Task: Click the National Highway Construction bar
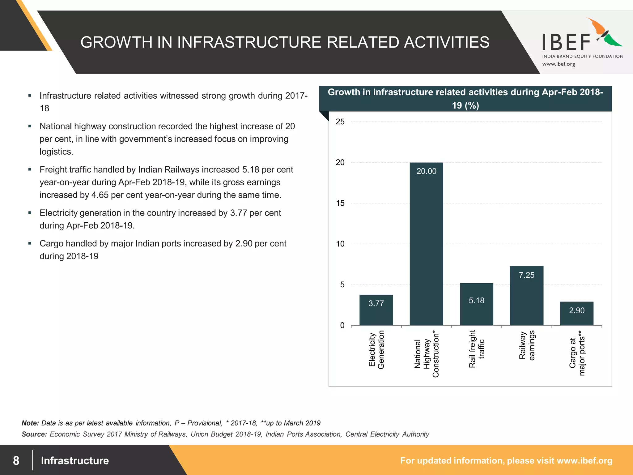pyautogui.click(x=426, y=244)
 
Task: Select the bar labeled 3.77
pyautogui.click(x=376, y=310)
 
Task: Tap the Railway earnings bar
pyautogui.click(x=526, y=296)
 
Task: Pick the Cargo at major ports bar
pyautogui.click(x=576, y=313)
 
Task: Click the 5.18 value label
pyautogui.click(x=476, y=301)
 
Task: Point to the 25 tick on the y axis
pyautogui.click(x=340, y=122)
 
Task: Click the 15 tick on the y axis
pyautogui.click(x=340, y=203)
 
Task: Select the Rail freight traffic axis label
pyautogui.click(x=476, y=349)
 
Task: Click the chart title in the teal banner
pyautogui.click(x=465, y=99)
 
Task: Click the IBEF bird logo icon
pyautogui.click(x=604, y=32)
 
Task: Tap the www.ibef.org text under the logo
pyautogui.click(x=559, y=64)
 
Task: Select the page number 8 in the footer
pyautogui.click(x=16, y=460)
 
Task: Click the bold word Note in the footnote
pyautogui.click(x=30, y=423)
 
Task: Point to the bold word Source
pyautogui.click(x=34, y=434)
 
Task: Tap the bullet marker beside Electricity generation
pyautogui.click(x=30, y=213)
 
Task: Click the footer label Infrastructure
pyautogui.click(x=75, y=460)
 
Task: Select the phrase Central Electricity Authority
pyautogui.click(x=387, y=434)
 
